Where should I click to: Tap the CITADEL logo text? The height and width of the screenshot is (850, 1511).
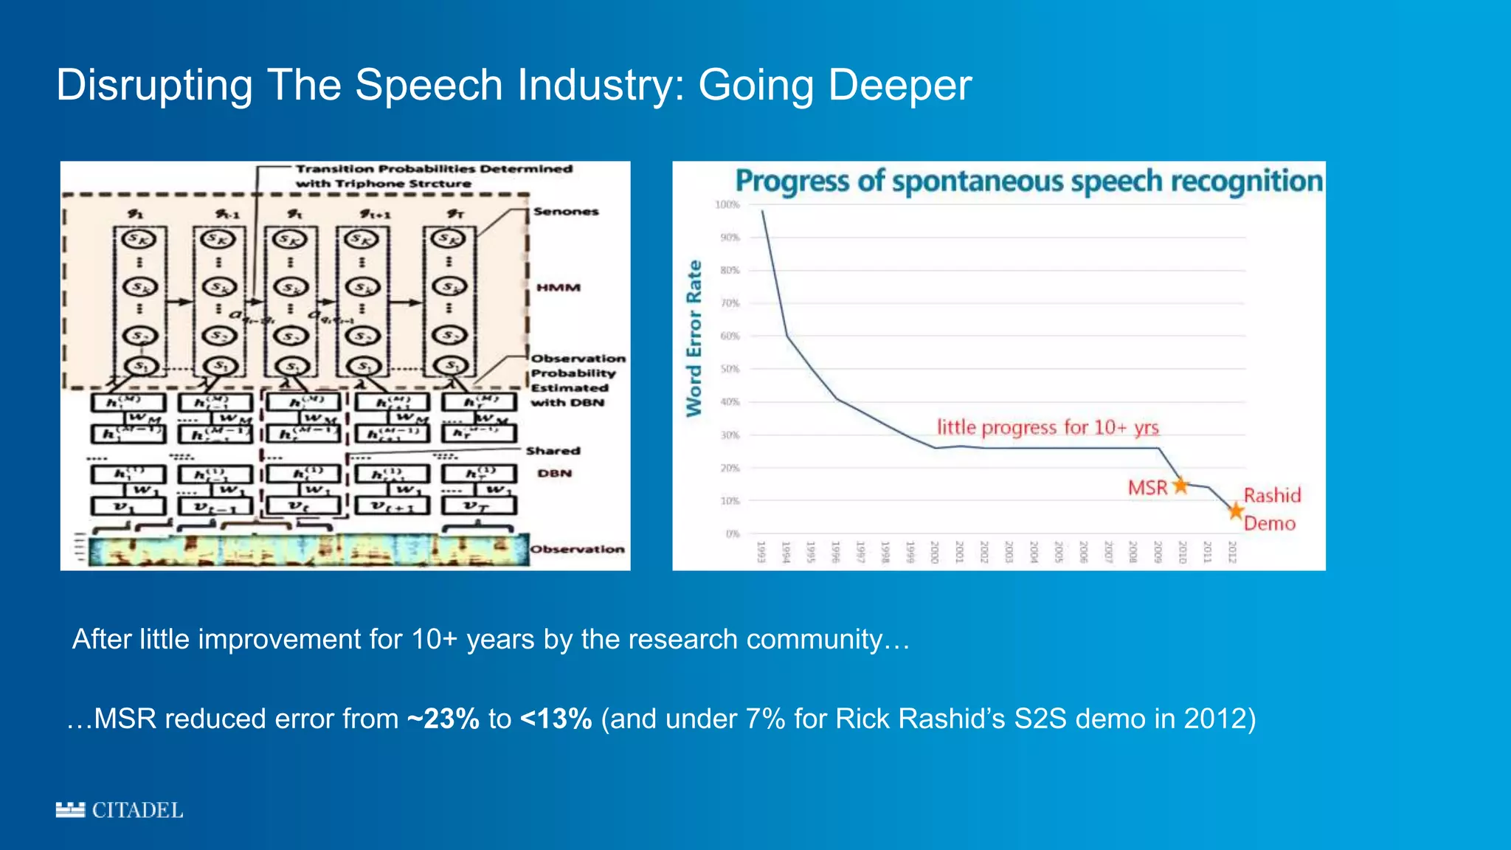137,810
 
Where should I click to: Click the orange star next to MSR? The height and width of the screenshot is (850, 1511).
1180,485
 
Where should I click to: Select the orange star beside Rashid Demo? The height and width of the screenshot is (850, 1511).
1236,511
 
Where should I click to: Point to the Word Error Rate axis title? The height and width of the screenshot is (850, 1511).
694,338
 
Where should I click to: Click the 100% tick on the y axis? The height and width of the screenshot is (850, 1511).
727,204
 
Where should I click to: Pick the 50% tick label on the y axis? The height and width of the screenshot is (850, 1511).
729,369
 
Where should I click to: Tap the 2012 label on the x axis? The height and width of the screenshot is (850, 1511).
1231,552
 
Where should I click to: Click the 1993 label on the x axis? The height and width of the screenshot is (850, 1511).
761,552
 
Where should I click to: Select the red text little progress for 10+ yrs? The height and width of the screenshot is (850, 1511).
1048,427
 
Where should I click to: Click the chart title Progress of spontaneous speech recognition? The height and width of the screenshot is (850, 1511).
1028,181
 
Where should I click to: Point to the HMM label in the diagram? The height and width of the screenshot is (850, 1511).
559,287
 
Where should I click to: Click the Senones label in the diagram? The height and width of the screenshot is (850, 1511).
566,212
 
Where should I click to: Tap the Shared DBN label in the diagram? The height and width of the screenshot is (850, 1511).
553,462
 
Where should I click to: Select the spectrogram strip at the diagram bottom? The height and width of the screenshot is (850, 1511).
308,550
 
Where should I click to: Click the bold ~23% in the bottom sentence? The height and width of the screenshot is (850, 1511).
443,719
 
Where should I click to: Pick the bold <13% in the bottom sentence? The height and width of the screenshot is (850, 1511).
556,719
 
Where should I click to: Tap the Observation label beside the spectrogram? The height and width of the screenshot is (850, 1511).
578,549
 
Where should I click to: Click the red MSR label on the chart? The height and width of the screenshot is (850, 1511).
1147,488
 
